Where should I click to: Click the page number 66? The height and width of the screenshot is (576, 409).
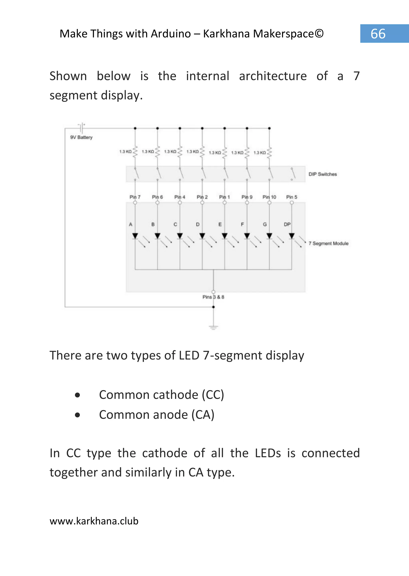[x=378, y=34]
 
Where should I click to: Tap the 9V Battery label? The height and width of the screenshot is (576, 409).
[x=81, y=137]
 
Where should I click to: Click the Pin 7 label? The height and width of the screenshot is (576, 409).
[x=135, y=197]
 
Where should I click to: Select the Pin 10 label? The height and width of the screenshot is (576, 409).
[x=269, y=197]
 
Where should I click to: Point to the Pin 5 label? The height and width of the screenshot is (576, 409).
[x=292, y=197]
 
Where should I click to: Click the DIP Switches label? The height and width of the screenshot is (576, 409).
[x=323, y=174]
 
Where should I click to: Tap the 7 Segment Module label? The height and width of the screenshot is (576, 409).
[x=328, y=243]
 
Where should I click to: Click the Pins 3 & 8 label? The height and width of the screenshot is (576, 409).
[x=213, y=297]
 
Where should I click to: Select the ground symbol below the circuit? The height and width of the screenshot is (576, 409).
[x=213, y=327]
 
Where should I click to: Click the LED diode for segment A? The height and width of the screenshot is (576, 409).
[x=135, y=236]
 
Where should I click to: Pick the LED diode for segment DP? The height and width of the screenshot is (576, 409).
[x=292, y=236]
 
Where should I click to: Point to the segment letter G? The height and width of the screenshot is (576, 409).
[x=265, y=224]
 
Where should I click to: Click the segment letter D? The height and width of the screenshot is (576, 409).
[x=198, y=224]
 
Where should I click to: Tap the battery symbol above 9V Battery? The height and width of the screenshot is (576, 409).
[x=81, y=128]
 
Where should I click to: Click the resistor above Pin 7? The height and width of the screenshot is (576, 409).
[x=135, y=152]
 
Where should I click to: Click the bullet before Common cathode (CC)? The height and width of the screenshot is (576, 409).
[x=77, y=395]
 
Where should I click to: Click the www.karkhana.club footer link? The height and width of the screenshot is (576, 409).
[x=94, y=521]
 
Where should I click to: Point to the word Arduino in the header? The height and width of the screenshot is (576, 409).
[x=171, y=34]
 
